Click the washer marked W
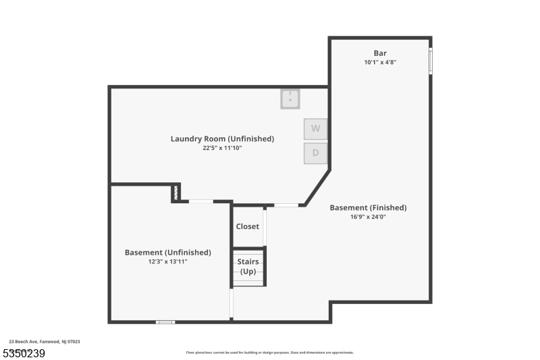(x=315, y=128)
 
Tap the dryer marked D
(x=315, y=153)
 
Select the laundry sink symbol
(x=290, y=99)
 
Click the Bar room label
(x=380, y=53)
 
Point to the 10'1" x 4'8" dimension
(x=380, y=62)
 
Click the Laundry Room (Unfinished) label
(x=222, y=138)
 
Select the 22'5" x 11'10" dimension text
(x=222, y=147)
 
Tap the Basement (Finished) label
(x=368, y=207)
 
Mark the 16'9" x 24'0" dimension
(x=368, y=216)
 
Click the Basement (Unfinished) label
(x=167, y=252)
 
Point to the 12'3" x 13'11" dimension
(x=167, y=261)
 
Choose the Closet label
(x=247, y=226)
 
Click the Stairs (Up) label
(x=248, y=266)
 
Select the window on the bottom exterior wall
(x=165, y=322)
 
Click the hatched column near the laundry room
(x=176, y=192)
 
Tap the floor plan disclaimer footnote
(x=269, y=353)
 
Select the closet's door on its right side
(x=265, y=227)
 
